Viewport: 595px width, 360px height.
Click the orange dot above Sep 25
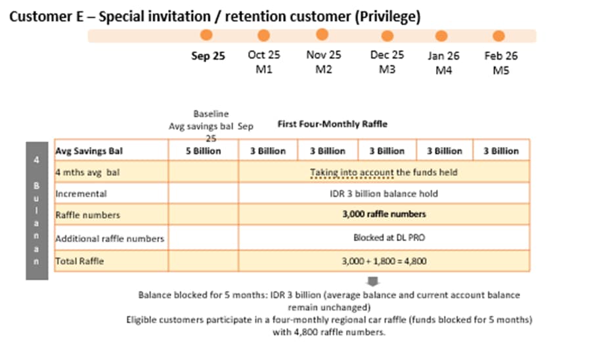click(206, 35)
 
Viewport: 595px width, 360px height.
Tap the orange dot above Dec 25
click(387, 35)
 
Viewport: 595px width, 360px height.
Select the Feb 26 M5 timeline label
click(501, 62)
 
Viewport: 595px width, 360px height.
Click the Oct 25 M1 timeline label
click(263, 62)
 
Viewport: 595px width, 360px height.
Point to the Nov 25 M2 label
click(324, 62)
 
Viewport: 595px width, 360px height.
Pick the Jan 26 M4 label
click(445, 62)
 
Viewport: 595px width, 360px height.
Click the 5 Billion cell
click(204, 150)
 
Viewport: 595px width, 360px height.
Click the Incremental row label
click(81, 194)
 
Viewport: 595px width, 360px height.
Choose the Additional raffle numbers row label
click(110, 238)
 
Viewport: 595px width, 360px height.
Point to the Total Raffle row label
click(79, 261)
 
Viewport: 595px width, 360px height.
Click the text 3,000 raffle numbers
click(384, 214)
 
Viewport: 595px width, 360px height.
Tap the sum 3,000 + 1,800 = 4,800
click(384, 261)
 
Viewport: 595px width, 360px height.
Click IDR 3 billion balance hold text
click(384, 194)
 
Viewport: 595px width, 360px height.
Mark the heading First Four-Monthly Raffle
click(332, 124)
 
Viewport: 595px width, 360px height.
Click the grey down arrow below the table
click(371, 281)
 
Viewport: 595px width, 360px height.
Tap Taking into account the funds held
click(384, 172)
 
